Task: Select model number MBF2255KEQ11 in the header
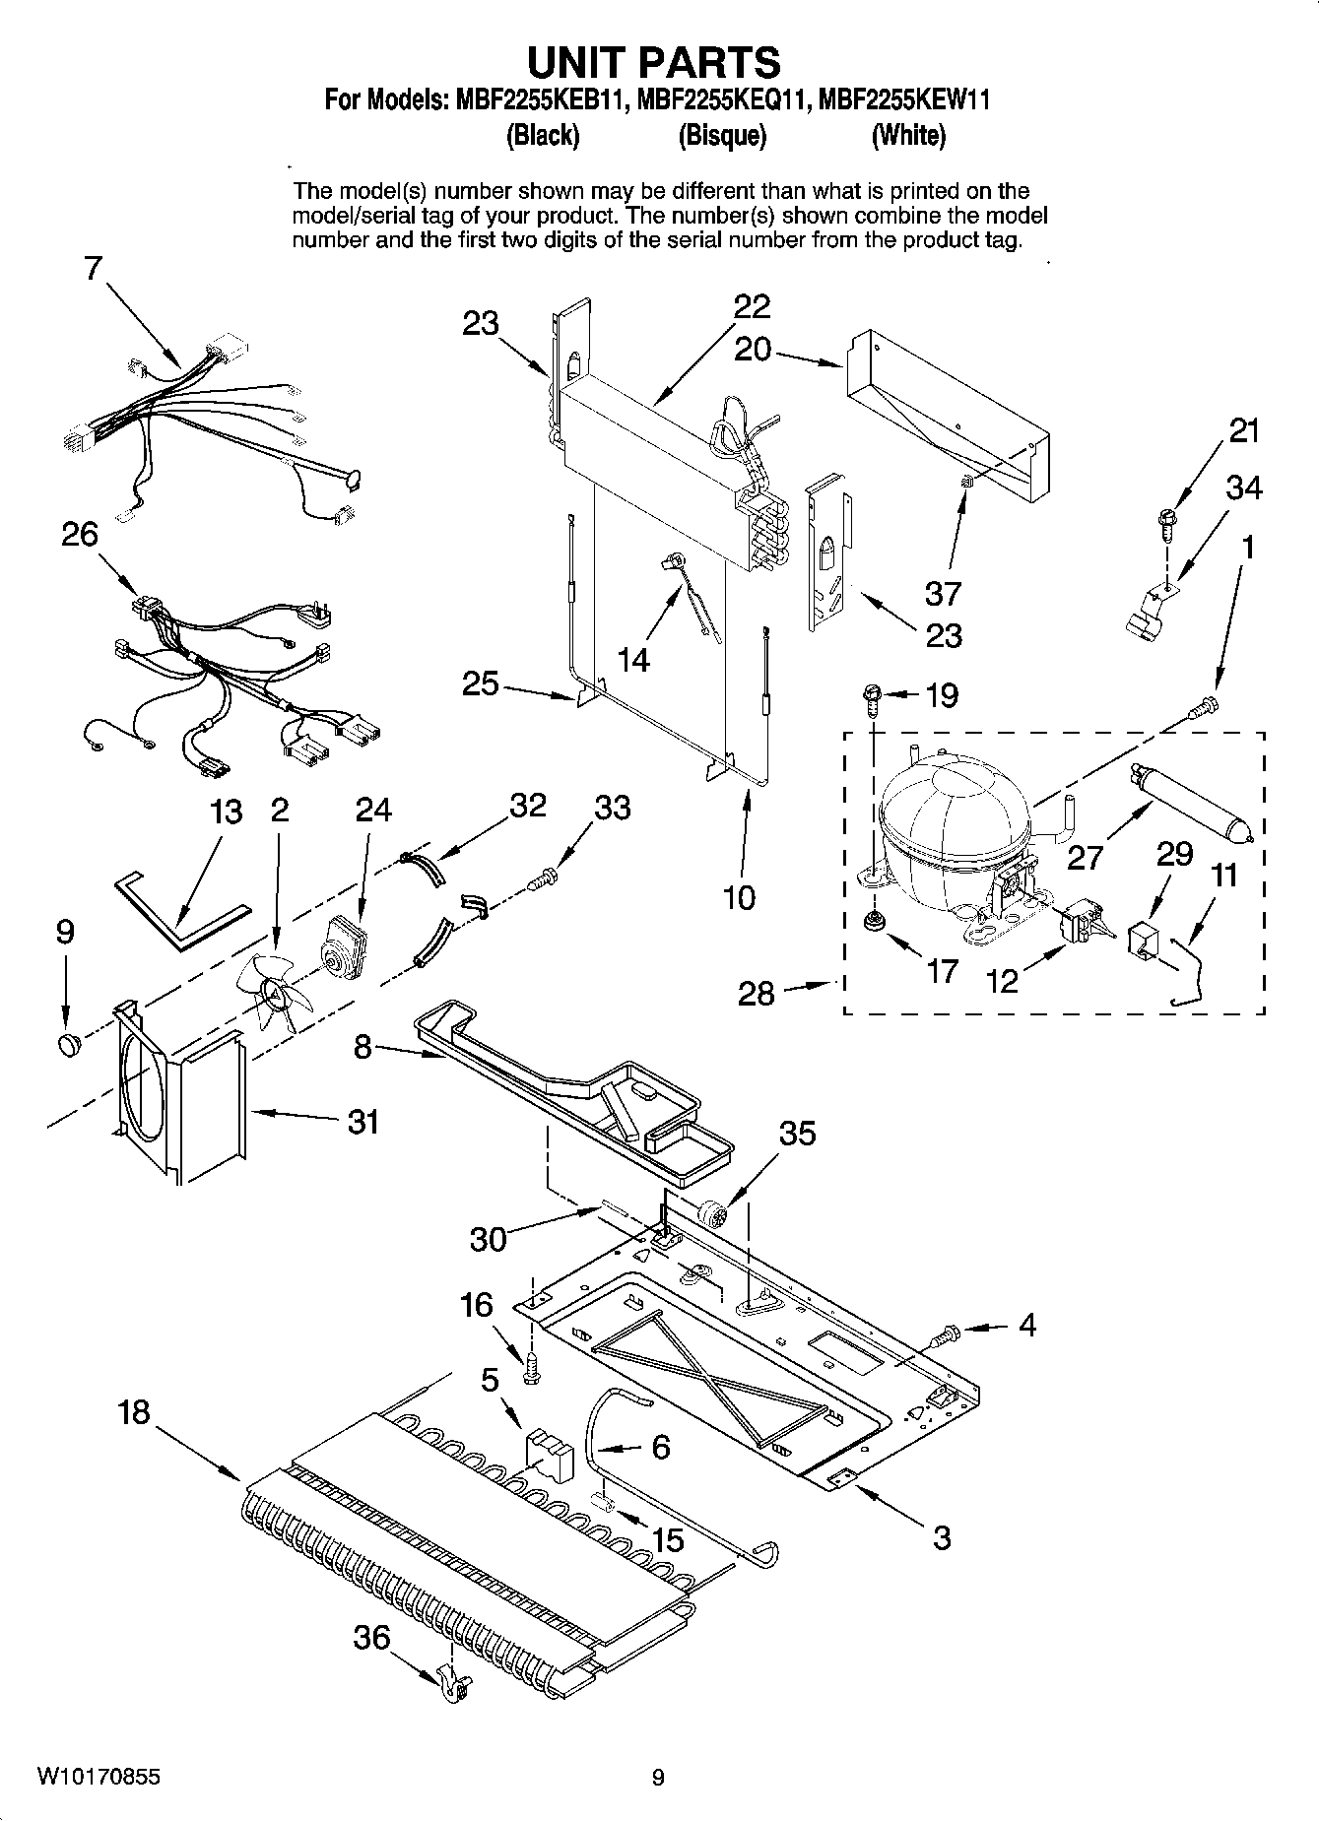point(724,100)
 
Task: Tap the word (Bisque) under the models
point(722,136)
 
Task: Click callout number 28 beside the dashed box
point(757,993)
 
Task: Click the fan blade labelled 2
point(275,989)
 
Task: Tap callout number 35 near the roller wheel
point(797,1134)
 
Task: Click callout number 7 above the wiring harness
point(93,268)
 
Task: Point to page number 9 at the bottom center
point(658,1777)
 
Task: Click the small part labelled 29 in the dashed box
point(1143,939)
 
